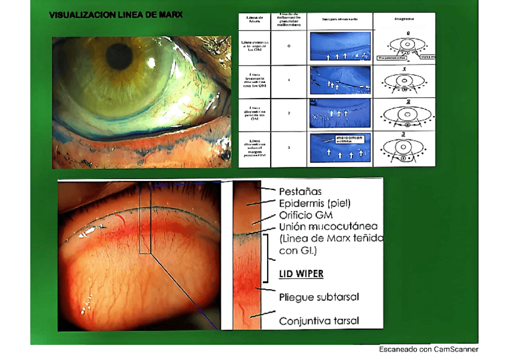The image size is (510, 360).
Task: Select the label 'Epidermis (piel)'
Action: [x=315, y=203]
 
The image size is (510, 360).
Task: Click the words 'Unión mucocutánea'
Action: [x=328, y=227]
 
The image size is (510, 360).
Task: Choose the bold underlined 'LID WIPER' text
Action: [x=301, y=274]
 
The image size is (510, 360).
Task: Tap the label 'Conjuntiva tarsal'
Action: [x=319, y=321]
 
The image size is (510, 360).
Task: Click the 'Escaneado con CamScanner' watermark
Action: [x=428, y=349]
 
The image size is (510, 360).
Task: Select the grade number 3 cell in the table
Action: [x=289, y=147]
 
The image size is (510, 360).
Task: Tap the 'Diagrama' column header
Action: [x=403, y=19]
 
